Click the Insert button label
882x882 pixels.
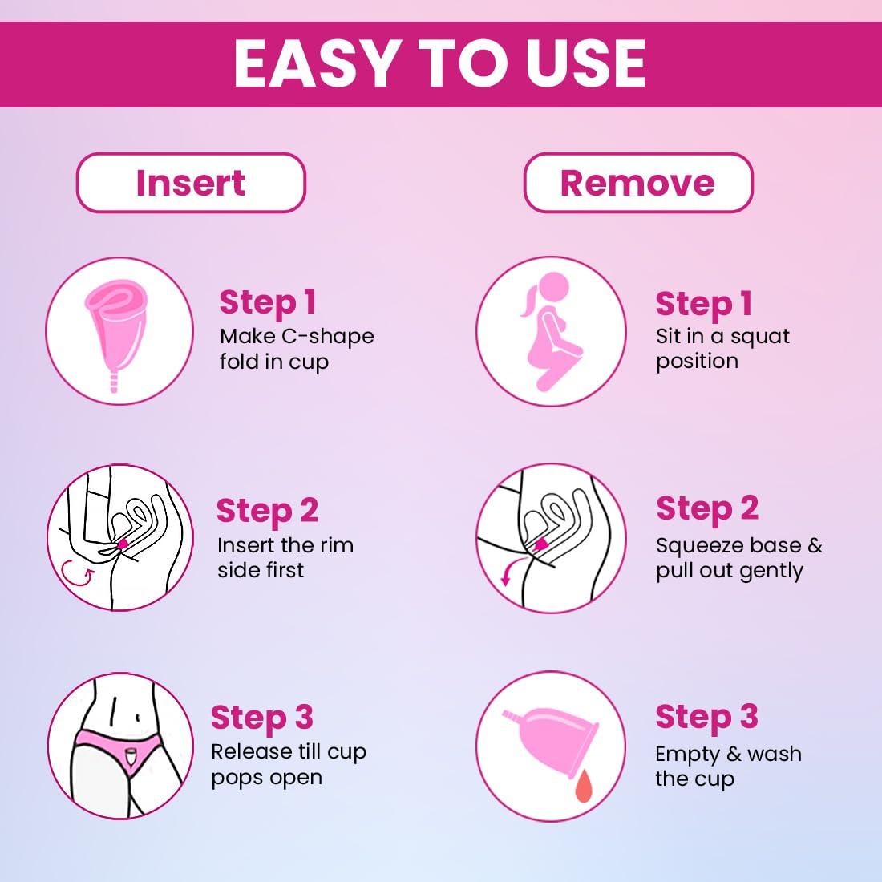click(x=190, y=183)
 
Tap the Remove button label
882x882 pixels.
click(x=637, y=183)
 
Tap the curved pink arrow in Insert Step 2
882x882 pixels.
click(x=76, y=570)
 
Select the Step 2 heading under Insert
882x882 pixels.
click(x=267, y=511)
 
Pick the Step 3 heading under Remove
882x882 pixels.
click(x=706, y=717)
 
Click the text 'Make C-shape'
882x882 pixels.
click(x=297, y=336)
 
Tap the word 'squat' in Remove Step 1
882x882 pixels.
click(x=759, y=336)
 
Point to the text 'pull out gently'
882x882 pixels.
click(x=729, y=571)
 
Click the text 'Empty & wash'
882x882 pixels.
click(x=728, y=754)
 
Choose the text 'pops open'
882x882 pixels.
click(x=266, y=777)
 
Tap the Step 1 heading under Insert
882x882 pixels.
click(x=267, y=302)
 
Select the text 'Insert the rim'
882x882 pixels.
click(x=285, y=545)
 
